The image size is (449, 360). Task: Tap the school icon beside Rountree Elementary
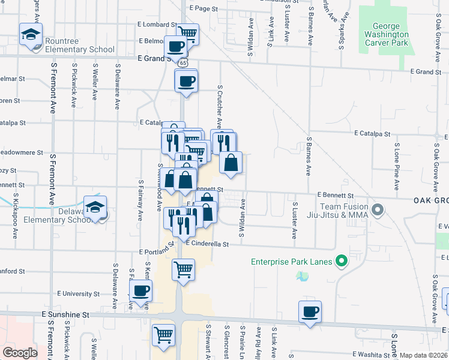31,35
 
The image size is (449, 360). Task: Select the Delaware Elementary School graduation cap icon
95,207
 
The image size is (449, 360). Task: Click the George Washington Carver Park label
386,34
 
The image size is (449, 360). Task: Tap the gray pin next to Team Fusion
378,210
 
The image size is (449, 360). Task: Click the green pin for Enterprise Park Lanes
342,260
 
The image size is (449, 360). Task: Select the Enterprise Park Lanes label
292,261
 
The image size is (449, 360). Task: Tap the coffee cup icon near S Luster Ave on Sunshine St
310,312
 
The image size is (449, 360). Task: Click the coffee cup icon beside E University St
141,292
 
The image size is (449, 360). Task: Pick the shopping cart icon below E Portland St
182,269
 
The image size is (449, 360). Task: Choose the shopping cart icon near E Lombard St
187,34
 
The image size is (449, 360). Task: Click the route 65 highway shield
182,62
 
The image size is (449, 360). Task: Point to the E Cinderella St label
207,244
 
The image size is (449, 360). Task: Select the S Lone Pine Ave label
397,160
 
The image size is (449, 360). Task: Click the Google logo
20,353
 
